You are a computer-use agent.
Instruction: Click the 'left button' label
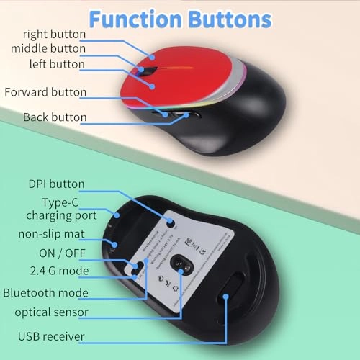[x=56, y=64]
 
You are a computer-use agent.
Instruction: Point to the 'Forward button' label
[x=45, y=92]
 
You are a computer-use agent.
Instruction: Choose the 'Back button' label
[x=55, y=117]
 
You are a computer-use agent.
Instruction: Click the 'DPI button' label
[x=56, y=184]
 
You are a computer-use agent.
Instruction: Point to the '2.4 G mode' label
[x=55, y=271]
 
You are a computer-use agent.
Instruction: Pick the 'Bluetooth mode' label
[x=45, y=293]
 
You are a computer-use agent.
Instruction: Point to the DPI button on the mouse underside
[x=171, y=222]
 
